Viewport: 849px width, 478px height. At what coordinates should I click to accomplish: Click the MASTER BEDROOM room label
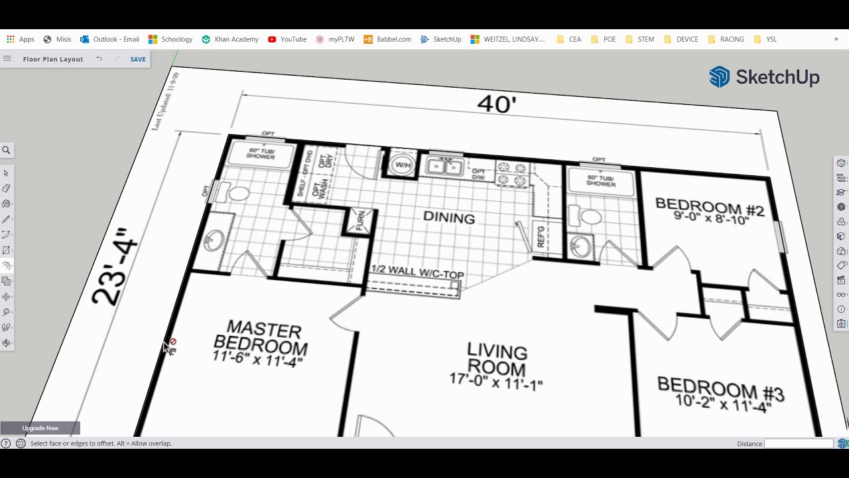pyautogui.click(x=261, y=344)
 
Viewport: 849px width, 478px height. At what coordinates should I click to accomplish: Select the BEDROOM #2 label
pyautogui.click(x=709, y=210)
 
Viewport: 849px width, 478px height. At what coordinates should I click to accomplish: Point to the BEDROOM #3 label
pyautogui.click(x=720, y=394)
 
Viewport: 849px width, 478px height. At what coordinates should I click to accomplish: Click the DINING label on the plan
pyautogui.click(x=449, y=218)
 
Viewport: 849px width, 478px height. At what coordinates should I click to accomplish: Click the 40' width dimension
pyautogui.click(x=496, y=104)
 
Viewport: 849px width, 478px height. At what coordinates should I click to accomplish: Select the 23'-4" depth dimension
pyautogui.click(x=115, y=267)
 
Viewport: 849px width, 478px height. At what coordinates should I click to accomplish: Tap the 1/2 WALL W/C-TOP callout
pyautogui.click(x=417, y=272)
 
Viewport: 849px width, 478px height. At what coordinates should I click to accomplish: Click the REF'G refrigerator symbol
pyautogui.click(x=541, y=236)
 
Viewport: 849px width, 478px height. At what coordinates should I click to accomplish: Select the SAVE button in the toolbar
pyautogui.click(x=138, y=59)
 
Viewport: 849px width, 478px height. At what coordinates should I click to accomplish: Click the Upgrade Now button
pyautogui.click(x=40, y=428)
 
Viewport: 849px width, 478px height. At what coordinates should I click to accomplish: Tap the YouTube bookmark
pyautogui.click(x=287, y=39)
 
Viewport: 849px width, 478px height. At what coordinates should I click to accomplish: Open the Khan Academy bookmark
pyautogui.click(x=230, y=39)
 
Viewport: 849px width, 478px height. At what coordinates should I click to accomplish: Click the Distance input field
pyautogui.click(x=799, y=443)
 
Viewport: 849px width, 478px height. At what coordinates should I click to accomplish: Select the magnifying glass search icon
pyautogui.click(x=7, y=150)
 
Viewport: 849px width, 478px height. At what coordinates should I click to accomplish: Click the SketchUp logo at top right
pyautogui.click(x=764, y=77)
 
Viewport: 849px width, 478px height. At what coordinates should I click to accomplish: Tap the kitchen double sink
pyautogui.click(x=444, y=167)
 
